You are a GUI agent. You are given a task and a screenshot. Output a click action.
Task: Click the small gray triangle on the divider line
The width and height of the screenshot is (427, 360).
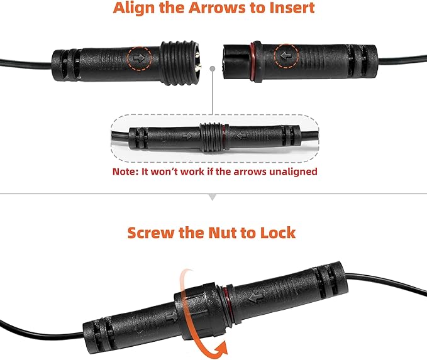(x=213, y=197)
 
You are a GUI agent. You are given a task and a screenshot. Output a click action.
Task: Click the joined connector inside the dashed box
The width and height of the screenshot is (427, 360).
(x=213, y=134)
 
